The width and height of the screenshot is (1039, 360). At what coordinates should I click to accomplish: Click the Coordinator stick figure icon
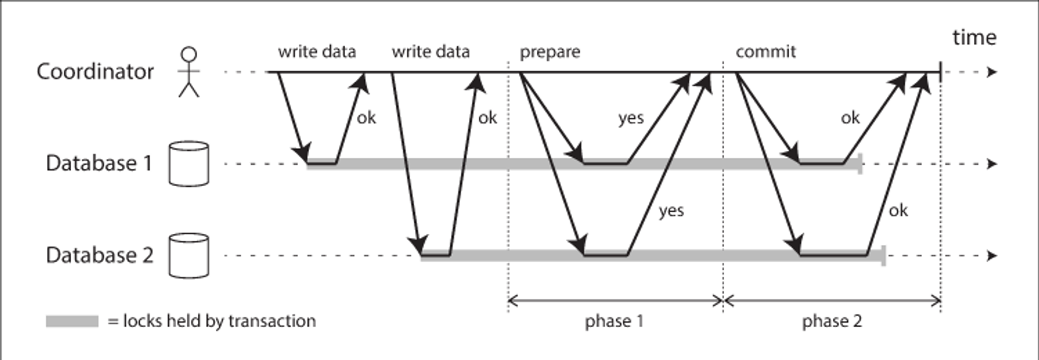coord(189,72)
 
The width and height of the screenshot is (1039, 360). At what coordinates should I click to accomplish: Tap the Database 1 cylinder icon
coord(189,164)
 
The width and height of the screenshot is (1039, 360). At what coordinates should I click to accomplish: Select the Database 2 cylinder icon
coord(189,255)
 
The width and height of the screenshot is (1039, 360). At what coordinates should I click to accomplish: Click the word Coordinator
coord(95,72)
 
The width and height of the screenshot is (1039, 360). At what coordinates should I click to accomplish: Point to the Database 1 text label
coord(99,163)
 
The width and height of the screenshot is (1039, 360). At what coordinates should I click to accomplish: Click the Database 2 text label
coord(100,255)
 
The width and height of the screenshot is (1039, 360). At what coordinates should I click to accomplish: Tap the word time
coord(974,38)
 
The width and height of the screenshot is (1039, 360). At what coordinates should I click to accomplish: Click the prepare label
coord(550,52)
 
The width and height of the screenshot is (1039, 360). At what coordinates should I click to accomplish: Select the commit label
coord(766,51)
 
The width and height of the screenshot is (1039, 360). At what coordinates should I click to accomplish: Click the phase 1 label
coord(614,322)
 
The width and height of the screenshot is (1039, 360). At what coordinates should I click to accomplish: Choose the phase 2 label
coord(832,322)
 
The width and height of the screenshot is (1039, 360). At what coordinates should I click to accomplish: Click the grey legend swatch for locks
coord(72,322)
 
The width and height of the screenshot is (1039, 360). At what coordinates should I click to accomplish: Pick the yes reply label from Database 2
coord(671,211)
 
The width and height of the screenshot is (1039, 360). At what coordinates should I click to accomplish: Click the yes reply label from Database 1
coord(631,118)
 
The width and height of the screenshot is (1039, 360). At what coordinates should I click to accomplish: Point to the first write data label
coord(317,51)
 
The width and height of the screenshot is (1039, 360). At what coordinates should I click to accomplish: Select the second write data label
coord(430,51)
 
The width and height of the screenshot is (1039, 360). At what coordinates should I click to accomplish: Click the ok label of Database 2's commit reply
coord(898,211)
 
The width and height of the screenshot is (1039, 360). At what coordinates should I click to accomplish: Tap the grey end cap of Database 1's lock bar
coord(860,165)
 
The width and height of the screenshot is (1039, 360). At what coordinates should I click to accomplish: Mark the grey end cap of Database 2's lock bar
coord(883,255)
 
